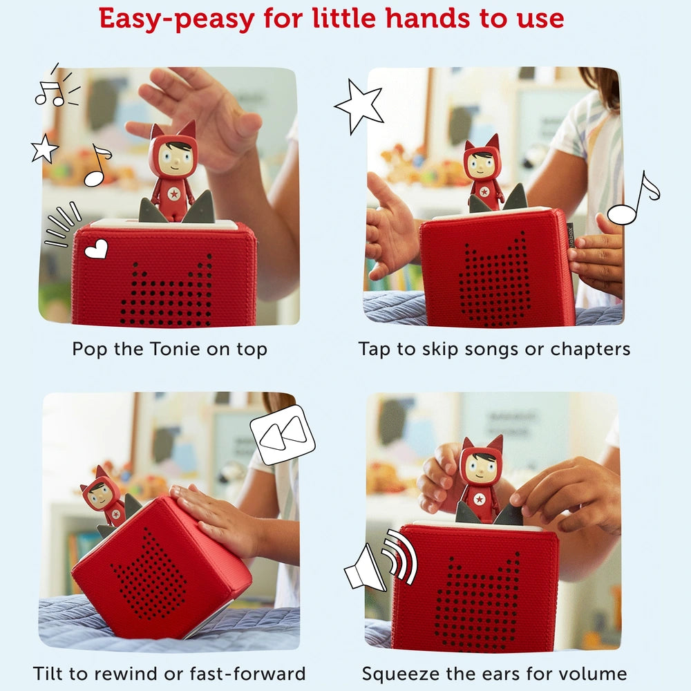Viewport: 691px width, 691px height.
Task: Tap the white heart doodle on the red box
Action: click(96, 249)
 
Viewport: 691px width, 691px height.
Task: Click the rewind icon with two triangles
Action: click(283, 435)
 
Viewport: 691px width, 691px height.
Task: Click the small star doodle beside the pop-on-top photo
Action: click(44, 149)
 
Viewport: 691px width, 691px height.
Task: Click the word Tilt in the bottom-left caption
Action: click(48, 673)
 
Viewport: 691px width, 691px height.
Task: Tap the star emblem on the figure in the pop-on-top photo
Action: click(175, 193)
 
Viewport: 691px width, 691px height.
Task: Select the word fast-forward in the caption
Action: click(247, 673)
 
